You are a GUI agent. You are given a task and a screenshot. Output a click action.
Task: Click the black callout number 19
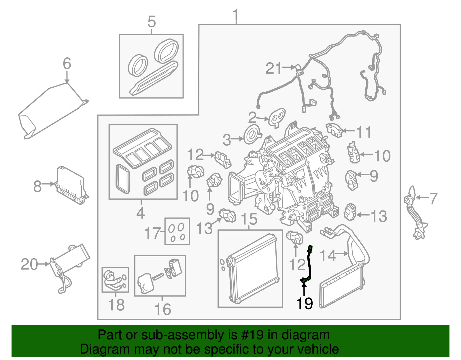(x=304, y=303)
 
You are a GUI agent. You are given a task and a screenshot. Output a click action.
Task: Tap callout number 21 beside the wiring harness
(x=273, y=69)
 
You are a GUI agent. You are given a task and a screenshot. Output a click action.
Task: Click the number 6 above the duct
(x=67, y=63)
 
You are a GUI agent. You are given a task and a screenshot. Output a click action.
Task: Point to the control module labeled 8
(x=71, y=184)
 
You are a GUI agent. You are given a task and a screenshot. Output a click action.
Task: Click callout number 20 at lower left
(x=29, y=264)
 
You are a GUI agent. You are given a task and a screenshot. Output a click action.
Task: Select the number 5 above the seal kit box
(x=152, y=22)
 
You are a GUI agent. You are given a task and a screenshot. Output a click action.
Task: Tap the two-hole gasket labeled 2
(x=277, y=117)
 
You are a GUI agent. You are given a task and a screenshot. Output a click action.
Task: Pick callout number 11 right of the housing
(x=364, y=132)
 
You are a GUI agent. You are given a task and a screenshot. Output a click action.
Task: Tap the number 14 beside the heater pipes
(x=328, y=255)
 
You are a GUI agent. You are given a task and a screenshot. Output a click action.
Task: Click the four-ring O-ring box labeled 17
(x=177, y=231)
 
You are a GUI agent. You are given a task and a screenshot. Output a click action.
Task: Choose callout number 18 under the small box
(x=116, y=305)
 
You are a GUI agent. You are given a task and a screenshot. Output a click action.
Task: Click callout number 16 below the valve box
(x=163, y=309)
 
